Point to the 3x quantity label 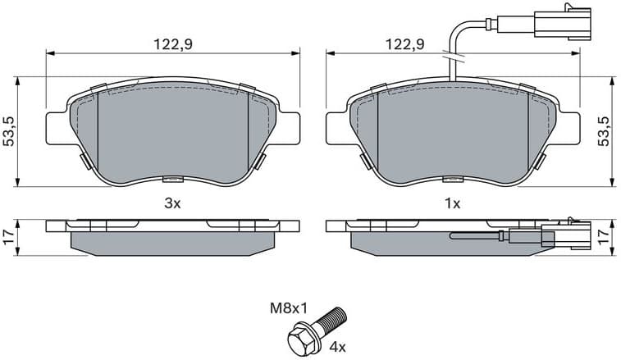171,204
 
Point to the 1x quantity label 451,204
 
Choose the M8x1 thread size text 289,309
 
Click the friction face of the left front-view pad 172,131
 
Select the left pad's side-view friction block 172,240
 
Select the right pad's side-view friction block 427,240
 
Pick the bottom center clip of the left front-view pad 172,180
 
